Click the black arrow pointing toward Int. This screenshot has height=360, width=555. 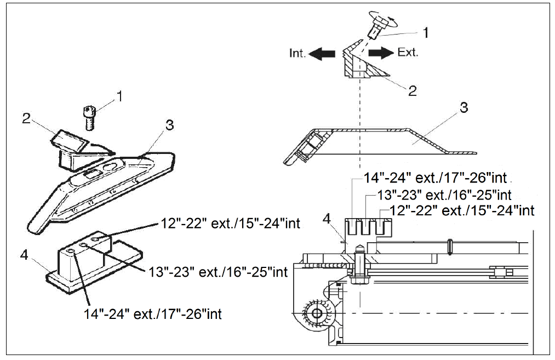[x=323, y=53]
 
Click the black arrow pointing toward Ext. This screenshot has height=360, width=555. [x=380, y=53]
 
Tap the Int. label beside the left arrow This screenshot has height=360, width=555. [x=299, y=53]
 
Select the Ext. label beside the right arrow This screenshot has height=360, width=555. [x=408, y=53]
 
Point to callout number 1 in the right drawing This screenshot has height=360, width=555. [x=426, y=33]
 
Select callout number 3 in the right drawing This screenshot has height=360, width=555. [x=464, y=107]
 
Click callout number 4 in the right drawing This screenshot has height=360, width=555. [x=327, y=219]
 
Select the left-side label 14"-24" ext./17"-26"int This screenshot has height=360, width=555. [x=153, y=314]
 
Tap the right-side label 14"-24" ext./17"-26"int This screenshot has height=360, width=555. [x=436, y=178]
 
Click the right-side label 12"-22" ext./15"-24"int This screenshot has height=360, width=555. [x=462, y=210]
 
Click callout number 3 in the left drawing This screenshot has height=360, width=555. [x=169, y=125]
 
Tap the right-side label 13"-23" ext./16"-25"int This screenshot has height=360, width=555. [x=445, y=195]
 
